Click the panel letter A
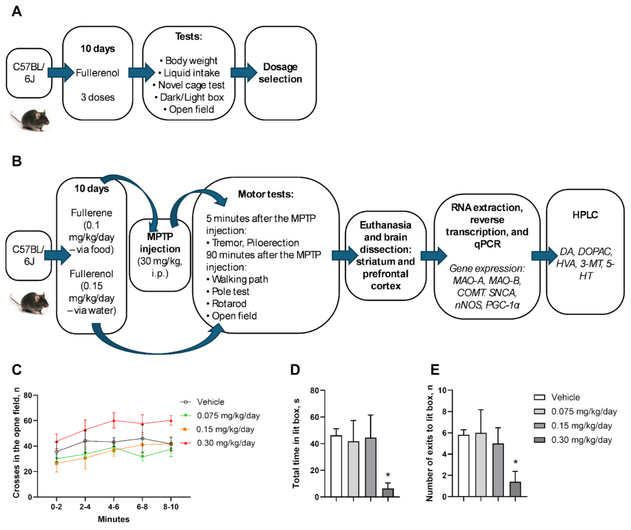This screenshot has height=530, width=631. (x=17, y=12)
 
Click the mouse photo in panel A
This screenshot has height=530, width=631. (x=30, y=120)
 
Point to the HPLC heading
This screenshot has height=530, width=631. (x=585, y=215)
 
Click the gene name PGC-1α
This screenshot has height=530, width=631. (x=502, y=305)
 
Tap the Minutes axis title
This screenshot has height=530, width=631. (x=114, y=519)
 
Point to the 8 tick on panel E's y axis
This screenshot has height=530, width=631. (x=441, y=412)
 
